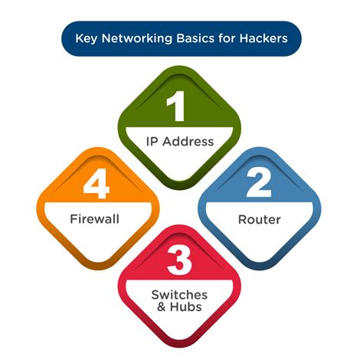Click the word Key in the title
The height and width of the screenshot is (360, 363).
point(86,37)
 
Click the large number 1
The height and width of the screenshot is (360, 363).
point(177,108)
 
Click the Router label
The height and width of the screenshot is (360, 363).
point(259,220)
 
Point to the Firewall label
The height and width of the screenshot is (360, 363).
point(96,220)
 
